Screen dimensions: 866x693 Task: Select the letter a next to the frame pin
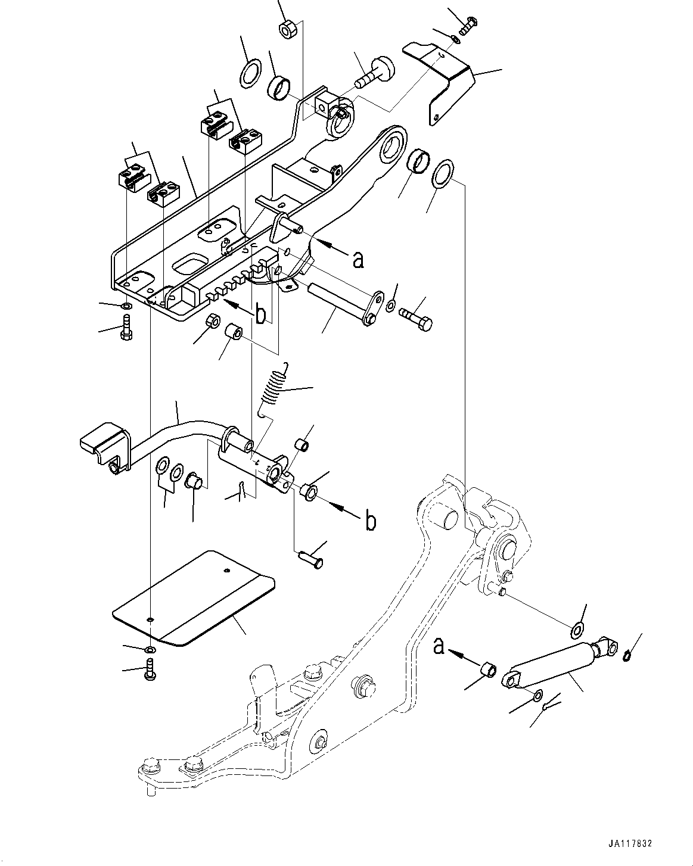[358, 259]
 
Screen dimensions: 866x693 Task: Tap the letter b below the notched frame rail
[260, 315]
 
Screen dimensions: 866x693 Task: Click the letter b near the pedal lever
[371, 521]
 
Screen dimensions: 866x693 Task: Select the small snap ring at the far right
[626, 656]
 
